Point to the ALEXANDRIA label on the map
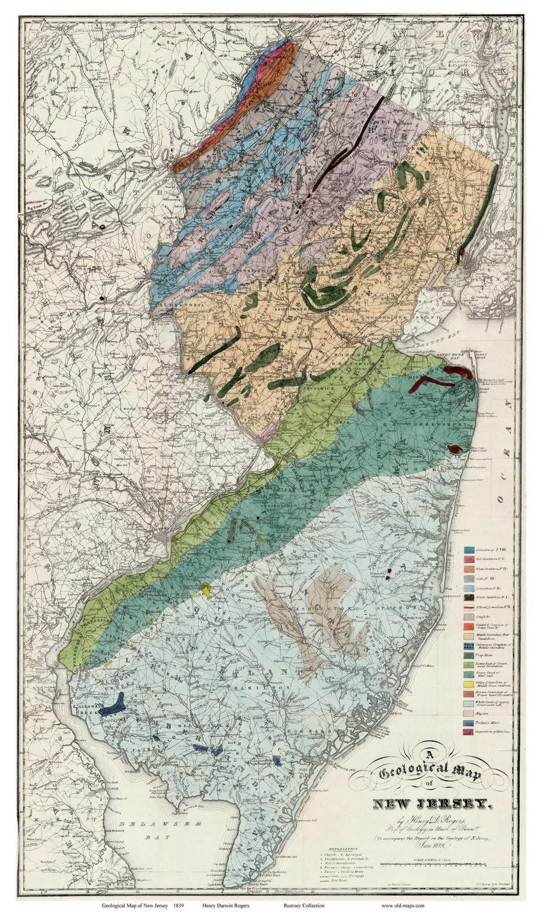pyautogui.click(x=181, y=304)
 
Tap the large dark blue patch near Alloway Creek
pyautogui.click(x=113, y=706)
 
